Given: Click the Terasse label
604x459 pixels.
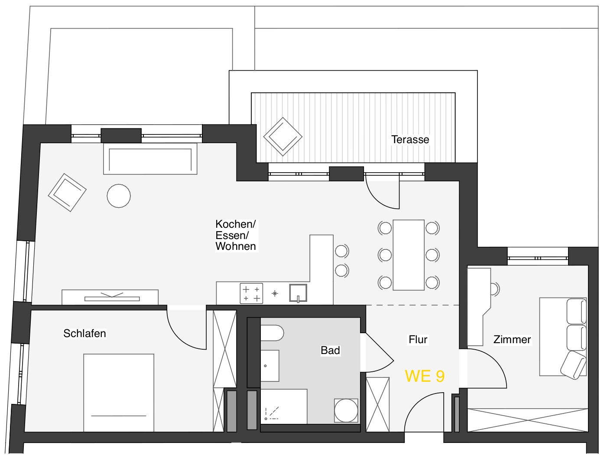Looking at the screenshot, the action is click(x=410, y=139).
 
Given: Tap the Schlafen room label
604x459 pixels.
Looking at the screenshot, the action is click(x=84, y=333).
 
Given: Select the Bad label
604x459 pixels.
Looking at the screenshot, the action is click(x=330, y=350).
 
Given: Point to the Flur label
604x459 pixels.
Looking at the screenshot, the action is click(x=418, y=339).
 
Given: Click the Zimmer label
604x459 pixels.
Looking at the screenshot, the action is click(x=512, y=339).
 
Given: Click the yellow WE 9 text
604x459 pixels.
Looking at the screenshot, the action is click(x=425, y=376).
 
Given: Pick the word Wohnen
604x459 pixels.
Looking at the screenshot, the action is click(x=236, y=246).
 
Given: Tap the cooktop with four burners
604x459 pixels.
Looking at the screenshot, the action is click(x=251, y=293).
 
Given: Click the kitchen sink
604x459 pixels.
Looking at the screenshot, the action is click(x=298, y=293).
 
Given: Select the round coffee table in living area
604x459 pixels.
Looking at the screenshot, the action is click(x=119, y=196).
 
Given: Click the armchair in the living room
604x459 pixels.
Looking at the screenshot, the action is click(x=67, y=193).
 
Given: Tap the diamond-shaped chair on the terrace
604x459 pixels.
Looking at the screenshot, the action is click(x=283, y=137).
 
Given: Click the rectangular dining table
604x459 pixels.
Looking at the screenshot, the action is click(x=408, y=255).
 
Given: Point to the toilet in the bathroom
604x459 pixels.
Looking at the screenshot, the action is click(x=272, y=333).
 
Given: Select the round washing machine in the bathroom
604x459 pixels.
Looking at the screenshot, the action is click(x=346, y=410).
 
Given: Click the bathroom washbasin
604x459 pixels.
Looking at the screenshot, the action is click(x=270, y=366).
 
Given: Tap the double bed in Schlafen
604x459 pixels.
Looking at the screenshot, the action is click(x=119, y=393).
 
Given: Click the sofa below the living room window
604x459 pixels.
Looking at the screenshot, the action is click(x=150, y=159).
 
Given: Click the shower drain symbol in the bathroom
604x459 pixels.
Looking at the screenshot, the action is click(x=266, y=419).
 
